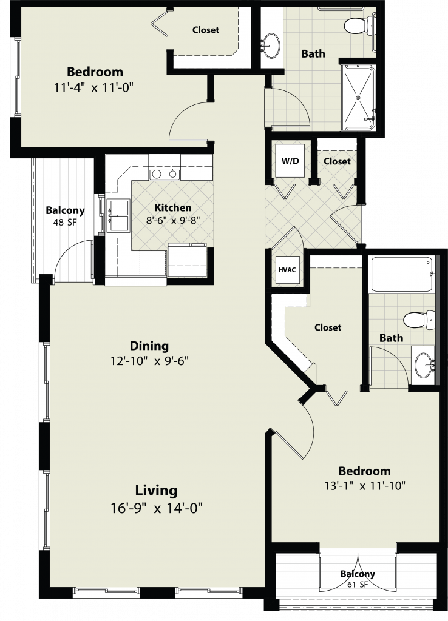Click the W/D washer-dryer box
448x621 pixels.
pyautogui.click(x=291, y=161)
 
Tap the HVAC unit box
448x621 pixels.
pyautogui.click(x=287, y=270)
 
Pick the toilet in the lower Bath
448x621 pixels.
pyautogui.click(x=419, y=320)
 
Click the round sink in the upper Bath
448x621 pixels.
pyautogui.click(x=271, y=45)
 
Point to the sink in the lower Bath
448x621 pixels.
pyautogui.click(x=424, y=364)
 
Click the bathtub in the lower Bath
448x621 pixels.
pyautogui.click(x=401, y=274)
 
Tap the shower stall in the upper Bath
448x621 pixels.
pyautogui.click(x=358, y=98)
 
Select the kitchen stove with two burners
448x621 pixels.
pyautogui.click(x=165, y=174)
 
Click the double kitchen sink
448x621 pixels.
pyautogui.click(x=118, y=215)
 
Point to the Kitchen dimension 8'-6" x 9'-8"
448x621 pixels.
pyautogui.click(x=173, y=220)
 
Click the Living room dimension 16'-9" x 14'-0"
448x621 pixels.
pyautogui.click(x=157, y=508)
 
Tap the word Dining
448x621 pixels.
pyautogui.click(x=149, y=346)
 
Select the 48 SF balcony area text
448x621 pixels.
pyautogui.click(x=65, y=222)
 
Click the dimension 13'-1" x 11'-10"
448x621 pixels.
pyautogui.click(x=365, y=486)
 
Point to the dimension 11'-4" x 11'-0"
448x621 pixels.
pyautogui.click(x=93, y=87)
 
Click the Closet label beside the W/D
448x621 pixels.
pyautogui.click(x=337, y=161)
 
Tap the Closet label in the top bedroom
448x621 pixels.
pyautogui.click(x=206, y=30)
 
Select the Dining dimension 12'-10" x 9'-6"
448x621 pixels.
pyautogui.click(x=149, y=361)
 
